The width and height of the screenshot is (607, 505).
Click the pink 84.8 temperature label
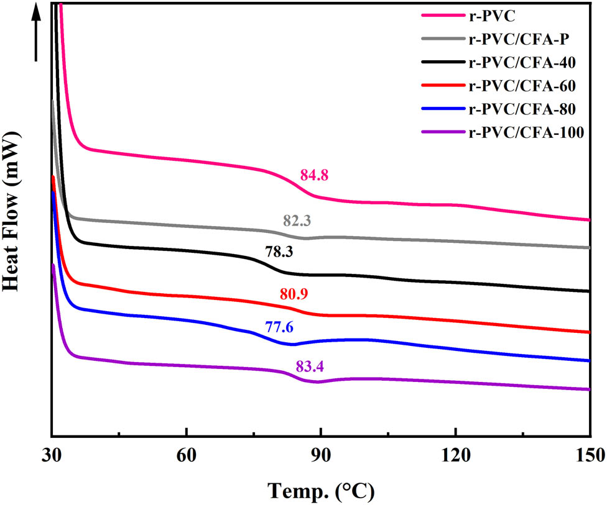(x=314, y=176)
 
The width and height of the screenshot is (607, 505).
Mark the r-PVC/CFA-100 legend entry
(x=526, y=131)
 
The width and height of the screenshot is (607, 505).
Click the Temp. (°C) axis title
(x=322, y=491)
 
